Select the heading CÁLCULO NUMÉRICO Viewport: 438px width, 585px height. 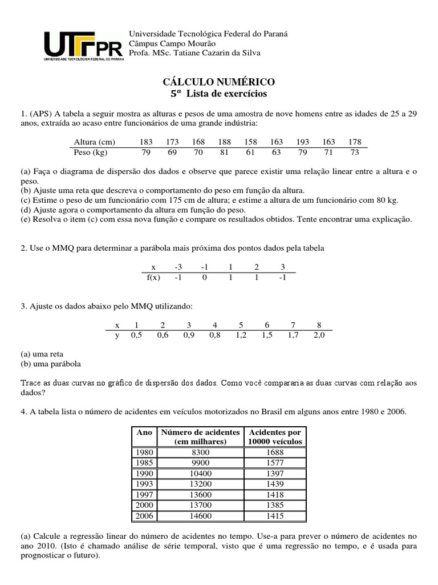pyautogui.click(x=219, y=82)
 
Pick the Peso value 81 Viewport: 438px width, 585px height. pyautogui.click(x=224, y=153)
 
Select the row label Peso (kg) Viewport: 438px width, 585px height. pyautogui.click(x=91, y=153)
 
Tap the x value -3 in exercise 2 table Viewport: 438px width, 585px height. pyautogui.click(x=178, y=267)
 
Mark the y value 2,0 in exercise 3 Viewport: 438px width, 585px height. pyautogui.click(x=318, y=335)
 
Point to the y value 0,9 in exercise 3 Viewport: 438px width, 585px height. pyautogui.click(x=188, y=335)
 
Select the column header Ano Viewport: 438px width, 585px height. pyautogui.click(x=145, y=432)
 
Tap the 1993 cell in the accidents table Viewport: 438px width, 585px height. pyautogui.click(x=144, y=483)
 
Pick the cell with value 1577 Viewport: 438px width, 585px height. pyautogui.click(x=274, y=463)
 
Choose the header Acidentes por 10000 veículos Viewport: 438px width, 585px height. pyautogui.click(x=274, y=437)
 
